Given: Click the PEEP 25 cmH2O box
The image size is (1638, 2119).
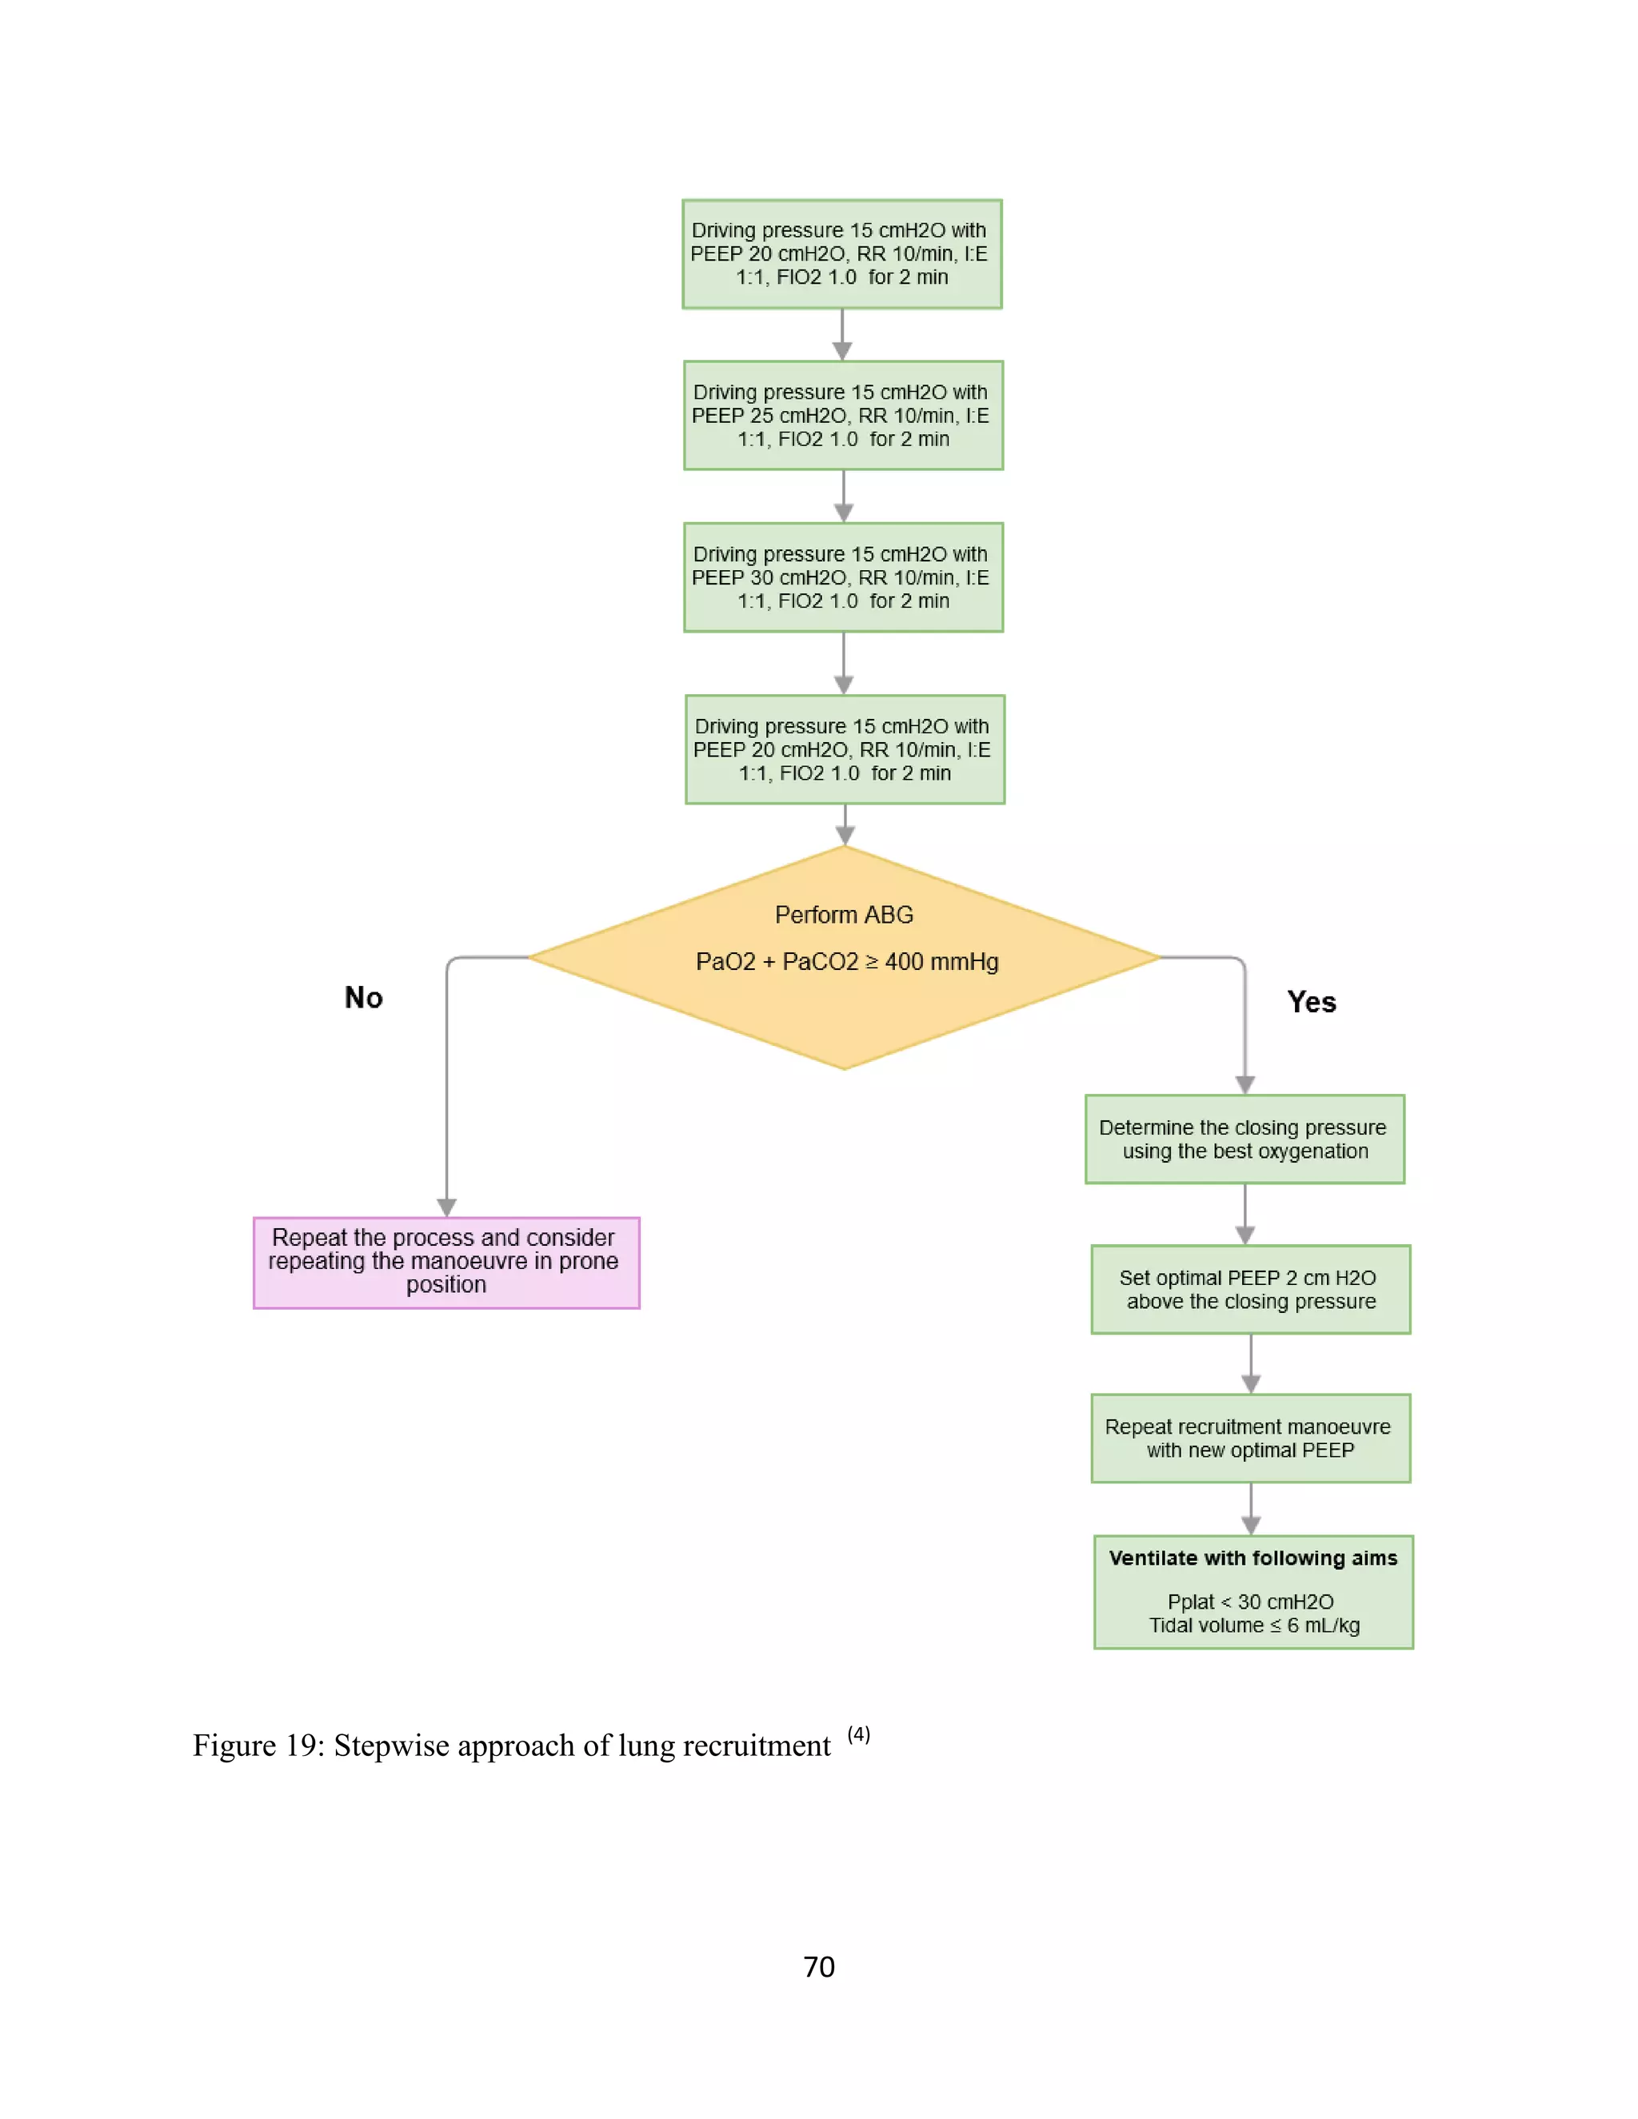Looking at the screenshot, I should click(842, 415).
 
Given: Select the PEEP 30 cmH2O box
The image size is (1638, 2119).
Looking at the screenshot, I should click(842, 577).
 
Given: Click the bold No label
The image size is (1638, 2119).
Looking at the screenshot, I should click(364, 997).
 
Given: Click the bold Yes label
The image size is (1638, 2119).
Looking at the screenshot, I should click(1311, 1002).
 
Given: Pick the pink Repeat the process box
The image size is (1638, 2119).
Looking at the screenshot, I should click(445, 1263).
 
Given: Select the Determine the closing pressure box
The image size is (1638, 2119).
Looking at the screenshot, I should click(1244, 1139).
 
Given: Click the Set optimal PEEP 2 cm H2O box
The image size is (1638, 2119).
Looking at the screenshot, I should click(1250, 1290).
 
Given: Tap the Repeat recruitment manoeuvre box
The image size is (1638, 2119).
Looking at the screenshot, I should click(1250, 1438).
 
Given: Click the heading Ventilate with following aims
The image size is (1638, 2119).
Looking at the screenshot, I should click(1252, 1558).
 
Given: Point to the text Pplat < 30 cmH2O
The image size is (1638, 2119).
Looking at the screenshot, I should click(1250, 1602).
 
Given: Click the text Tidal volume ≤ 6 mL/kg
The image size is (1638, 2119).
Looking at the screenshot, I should click(1254, 1625).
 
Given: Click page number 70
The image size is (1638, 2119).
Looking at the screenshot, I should click(819, 1967).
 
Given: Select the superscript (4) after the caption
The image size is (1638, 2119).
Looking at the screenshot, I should click(859, 1734).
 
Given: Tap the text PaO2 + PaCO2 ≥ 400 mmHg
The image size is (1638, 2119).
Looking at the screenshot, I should click(846, 961).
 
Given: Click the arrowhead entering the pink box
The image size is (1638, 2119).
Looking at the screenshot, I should click(446, 1207).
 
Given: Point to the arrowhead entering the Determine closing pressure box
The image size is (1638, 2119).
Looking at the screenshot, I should click(1245, 1085).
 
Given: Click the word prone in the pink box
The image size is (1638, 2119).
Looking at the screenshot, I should click(588, 1260).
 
